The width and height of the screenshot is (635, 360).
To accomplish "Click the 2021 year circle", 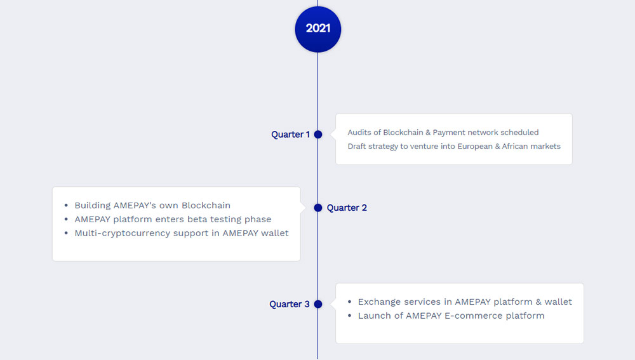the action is coord(318,29).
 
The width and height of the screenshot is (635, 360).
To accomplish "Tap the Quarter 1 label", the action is coord(290,135).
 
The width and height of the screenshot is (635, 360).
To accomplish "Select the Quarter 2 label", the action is coord(347,208).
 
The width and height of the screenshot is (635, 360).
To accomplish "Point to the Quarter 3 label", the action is coord(289,304).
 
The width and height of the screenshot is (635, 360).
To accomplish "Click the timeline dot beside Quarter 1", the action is coord(318,135).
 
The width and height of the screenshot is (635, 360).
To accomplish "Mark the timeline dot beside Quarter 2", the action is coord(318,208).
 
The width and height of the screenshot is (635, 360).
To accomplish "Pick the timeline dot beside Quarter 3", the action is coord(318,304).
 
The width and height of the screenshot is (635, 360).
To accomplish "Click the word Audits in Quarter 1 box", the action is coord(359,133).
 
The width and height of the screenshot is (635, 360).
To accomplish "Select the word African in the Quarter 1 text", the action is coord(515,146).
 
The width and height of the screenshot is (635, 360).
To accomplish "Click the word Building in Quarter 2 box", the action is coord(92,206).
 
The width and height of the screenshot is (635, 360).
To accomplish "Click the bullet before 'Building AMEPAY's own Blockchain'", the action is coord(66,206).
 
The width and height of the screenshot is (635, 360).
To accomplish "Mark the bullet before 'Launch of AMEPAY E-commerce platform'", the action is coord(349,316).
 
